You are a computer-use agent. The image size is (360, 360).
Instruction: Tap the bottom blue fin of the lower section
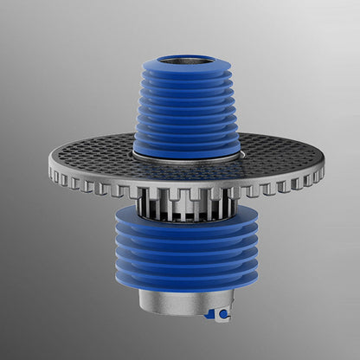[187, 280]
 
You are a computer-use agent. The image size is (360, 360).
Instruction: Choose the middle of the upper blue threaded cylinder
[186, 108]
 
